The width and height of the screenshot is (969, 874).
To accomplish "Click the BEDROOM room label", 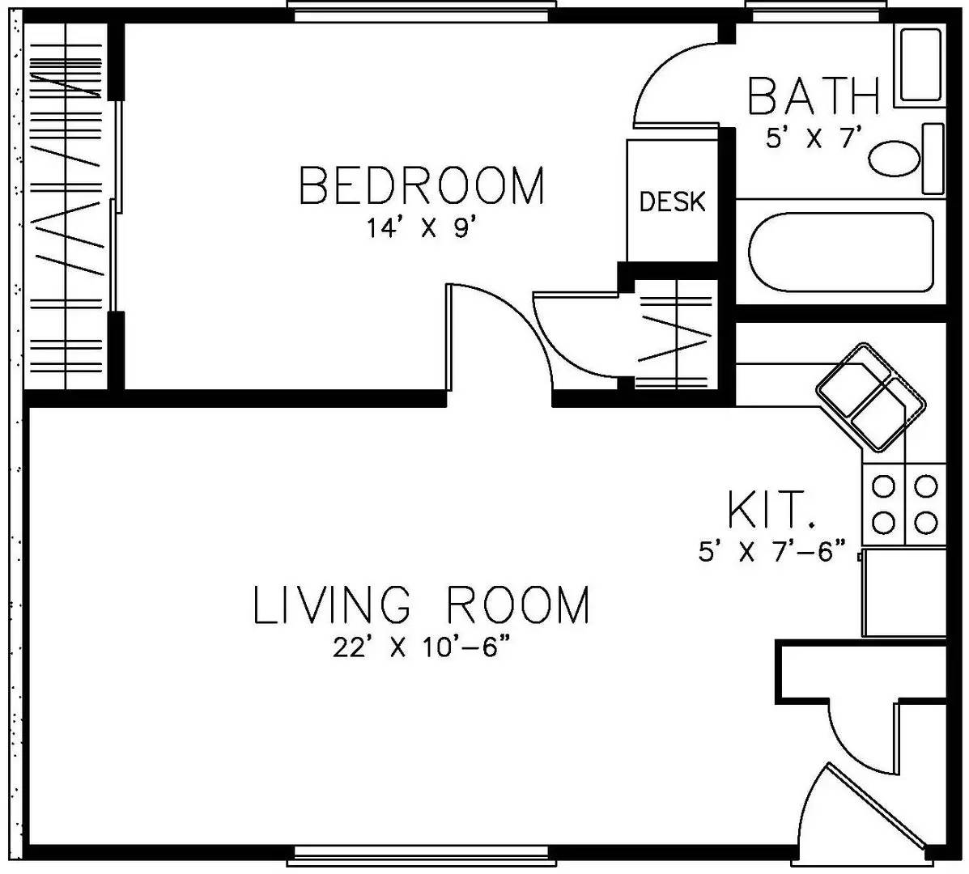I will tap(422, 185).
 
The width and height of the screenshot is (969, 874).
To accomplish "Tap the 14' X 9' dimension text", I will tap(419, 229).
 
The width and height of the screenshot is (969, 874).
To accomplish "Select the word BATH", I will tap(813, 97).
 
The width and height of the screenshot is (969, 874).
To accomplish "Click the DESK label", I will tap(672, 202).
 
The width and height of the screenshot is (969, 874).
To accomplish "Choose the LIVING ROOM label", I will tap(422, 605).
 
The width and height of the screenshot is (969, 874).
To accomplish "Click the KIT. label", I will tap(769, 511).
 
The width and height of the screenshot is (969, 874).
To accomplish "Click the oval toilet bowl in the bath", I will tap(895, 159).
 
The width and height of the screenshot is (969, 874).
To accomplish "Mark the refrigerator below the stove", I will tap(903, 592).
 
